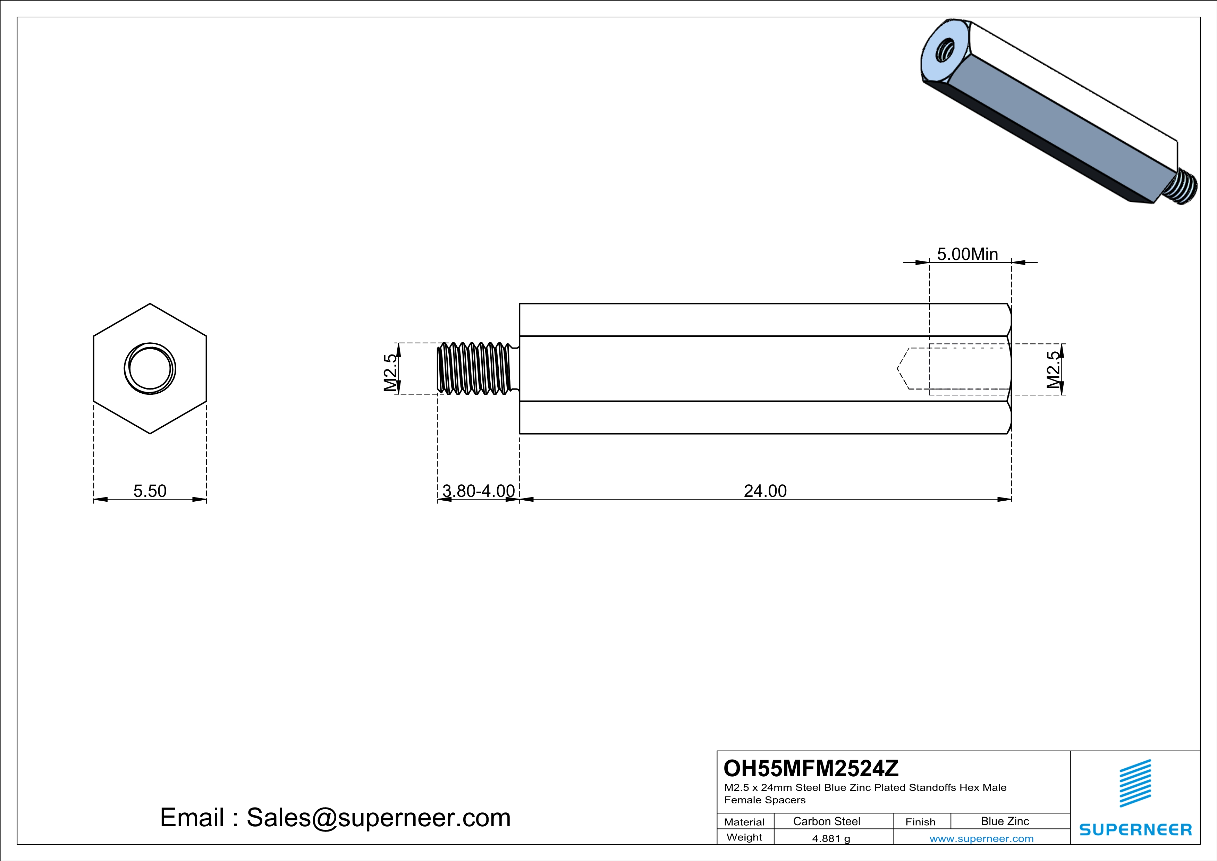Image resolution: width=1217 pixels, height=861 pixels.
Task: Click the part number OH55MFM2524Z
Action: (811, 768)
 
